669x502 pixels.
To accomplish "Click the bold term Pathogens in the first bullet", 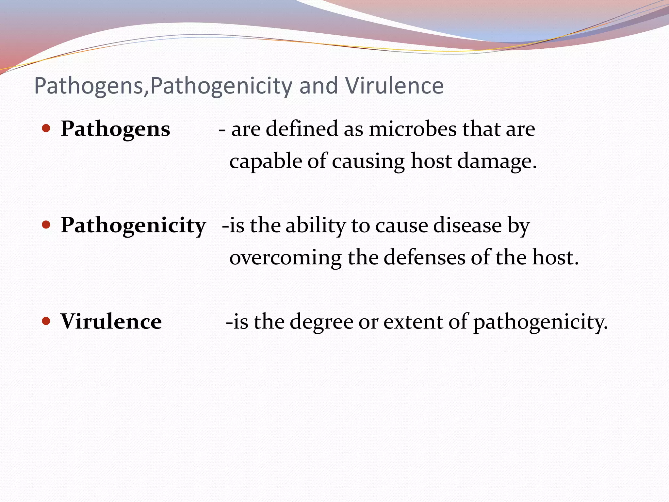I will pos(115,129).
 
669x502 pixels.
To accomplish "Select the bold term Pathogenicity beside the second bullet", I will pos(133,226).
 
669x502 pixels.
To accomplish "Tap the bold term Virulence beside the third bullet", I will pos(111,322).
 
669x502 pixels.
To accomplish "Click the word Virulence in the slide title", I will pos(395,86).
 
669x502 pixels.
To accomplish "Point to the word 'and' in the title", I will pos(318,86).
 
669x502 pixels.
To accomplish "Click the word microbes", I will pos(413,129).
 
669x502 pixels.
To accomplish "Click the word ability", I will pos(316,226).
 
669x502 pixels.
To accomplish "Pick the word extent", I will pos(413,322).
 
